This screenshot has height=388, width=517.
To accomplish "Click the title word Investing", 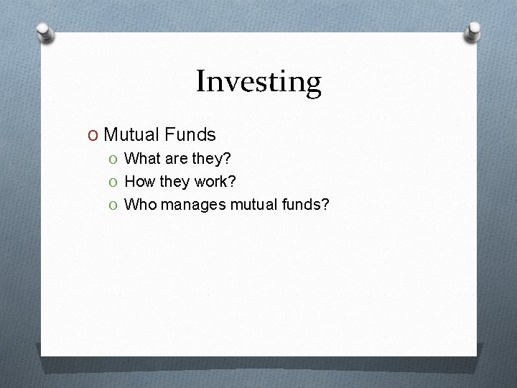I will (x=258, y=82).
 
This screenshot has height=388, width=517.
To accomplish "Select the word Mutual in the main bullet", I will (x=131, y=134).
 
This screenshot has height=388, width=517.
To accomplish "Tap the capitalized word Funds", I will (x=190, y=134).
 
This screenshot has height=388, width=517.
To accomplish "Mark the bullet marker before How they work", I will (x=115, y=182).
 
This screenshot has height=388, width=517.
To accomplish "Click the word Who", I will (x=141, y=205).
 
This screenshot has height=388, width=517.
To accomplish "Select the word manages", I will (x=193, y=205).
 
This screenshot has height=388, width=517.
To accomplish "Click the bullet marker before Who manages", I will (x=115, y=205).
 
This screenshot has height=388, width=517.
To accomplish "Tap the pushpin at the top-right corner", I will (x=473, y=31).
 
